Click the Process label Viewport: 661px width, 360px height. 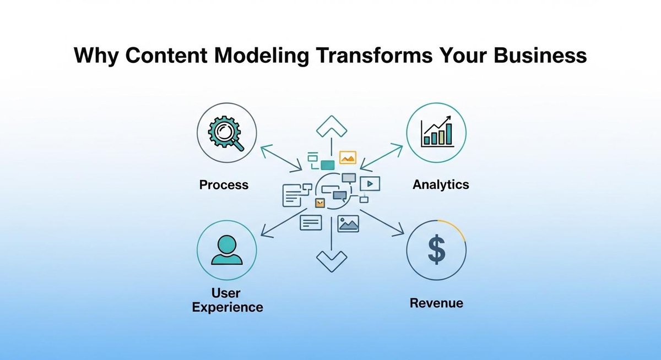224,185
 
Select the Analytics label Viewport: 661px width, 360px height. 441,184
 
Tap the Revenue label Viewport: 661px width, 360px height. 436,303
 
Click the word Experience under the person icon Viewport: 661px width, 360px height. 227,307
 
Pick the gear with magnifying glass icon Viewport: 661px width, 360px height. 226,134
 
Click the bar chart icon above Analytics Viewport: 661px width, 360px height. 436,133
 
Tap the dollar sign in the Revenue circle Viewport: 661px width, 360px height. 436,249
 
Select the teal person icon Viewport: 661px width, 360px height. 226,250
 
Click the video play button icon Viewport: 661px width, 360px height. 370,183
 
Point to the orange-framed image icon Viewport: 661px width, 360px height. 348,158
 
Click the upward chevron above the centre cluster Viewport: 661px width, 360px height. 331,127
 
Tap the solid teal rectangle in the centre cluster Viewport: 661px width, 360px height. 328,164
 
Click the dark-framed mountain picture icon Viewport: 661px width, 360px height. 349,223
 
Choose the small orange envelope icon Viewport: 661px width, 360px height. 319,203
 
